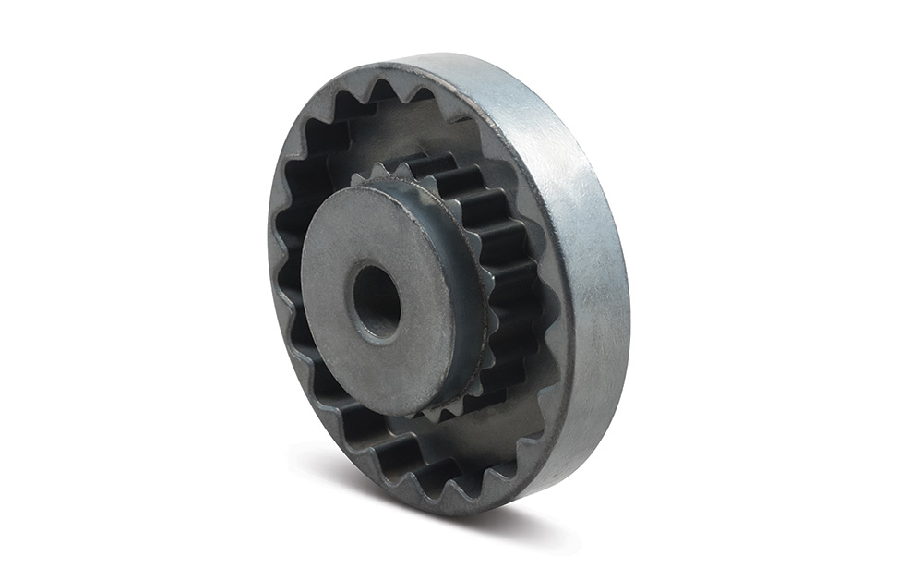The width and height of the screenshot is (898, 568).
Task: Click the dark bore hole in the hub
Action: (377, 302)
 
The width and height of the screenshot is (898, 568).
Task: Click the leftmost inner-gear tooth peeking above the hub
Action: (358, 179)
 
